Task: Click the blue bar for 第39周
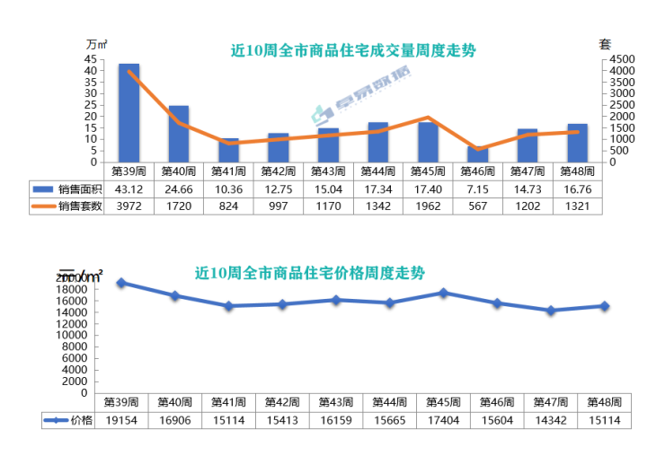tap(129, 113)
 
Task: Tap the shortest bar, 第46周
tap(478, 154)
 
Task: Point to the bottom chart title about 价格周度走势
tap(310, 272)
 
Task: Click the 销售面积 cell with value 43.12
tap(129, 189)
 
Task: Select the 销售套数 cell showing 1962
tap(428, 206)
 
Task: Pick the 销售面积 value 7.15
tap(478, 189)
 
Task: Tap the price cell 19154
tap(120, 420)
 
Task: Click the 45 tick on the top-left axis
tap(91, 58)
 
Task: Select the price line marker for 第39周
tap(120, 283)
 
